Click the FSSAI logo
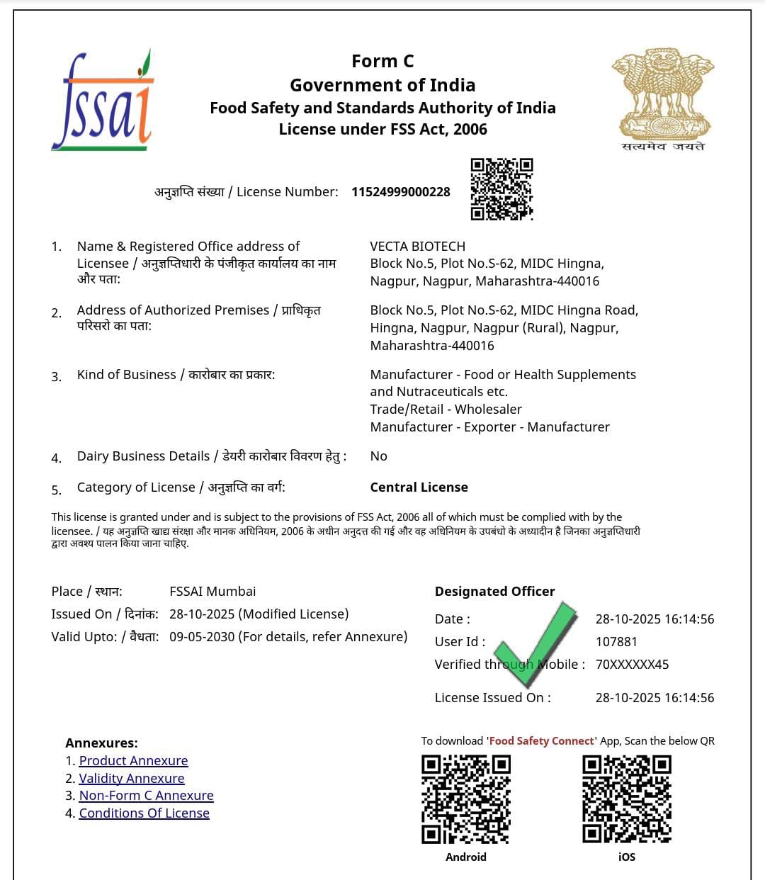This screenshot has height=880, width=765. coord(103,101)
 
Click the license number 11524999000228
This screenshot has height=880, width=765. coord(401,192)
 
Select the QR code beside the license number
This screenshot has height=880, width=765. coord(501,189)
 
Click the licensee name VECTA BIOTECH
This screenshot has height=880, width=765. coord(418,247)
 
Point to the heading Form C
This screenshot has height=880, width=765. coord(382,62)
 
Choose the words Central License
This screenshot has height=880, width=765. coord(419,487)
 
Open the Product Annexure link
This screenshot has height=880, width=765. coord(133,761)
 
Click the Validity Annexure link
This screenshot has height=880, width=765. coord(132,779)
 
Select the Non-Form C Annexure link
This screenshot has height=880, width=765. coord(146,796)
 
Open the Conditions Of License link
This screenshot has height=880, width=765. coord(144,813)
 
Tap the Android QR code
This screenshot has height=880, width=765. coord(466,799)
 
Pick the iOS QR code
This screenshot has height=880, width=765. coord(627,799)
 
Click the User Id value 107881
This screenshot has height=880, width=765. coord(616,642)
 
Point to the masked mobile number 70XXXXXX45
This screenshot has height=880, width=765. coord(632,665)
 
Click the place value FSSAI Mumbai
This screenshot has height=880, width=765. coord(212,592)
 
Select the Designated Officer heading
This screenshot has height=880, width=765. coord(495,592)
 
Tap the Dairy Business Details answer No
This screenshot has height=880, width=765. coord(379,456)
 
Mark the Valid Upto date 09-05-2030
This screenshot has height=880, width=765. coord(202,637)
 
